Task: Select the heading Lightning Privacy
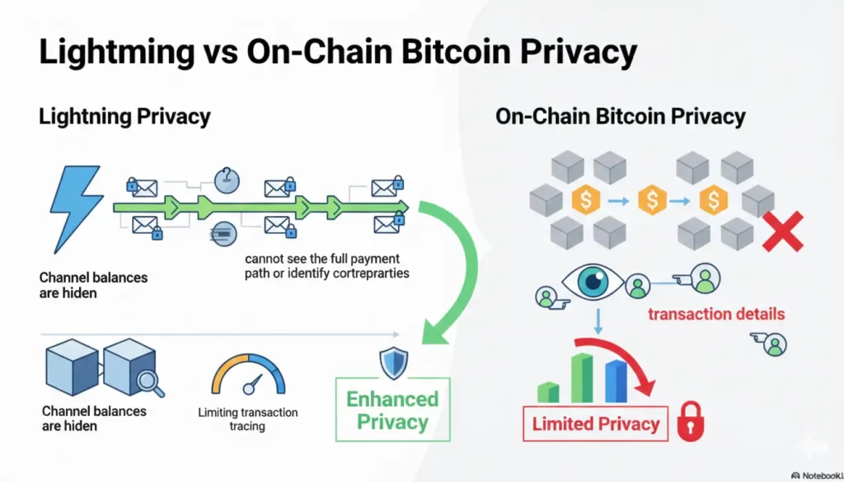point(124,116)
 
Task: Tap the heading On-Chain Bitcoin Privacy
point(620,116)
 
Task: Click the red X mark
point(783,230)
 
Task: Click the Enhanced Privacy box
point(392,409)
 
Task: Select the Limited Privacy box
point(596,424)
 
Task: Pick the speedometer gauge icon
point(248,375)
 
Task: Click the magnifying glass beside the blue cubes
point(151,381)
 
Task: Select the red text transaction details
point(716,314)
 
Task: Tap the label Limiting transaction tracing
point(248,419)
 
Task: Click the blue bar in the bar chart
point(616,380)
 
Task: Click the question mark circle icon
point(225,177)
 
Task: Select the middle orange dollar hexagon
point(653,199)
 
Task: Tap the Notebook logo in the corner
point(816,475)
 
